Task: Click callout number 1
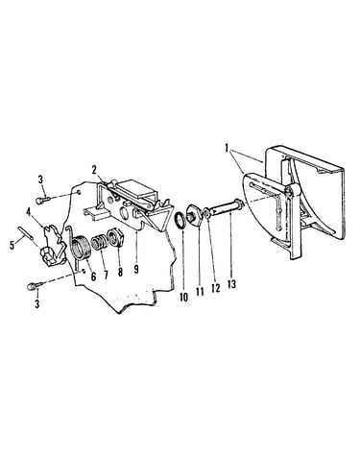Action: [x=227, y=149]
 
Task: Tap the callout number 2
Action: [x=94, y=170]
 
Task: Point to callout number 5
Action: [x=12, y=246]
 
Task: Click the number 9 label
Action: [x=136, y=269]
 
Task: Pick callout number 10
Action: [x=183, y=298]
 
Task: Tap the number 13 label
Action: [x=231, y=284]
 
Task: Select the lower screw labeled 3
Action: [x=33, y=285]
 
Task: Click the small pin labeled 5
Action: [x=25, y=232]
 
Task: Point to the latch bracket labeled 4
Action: [x=52, y=246]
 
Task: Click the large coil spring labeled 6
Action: [x=82, y=247]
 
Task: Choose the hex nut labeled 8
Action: [x=114, y=238]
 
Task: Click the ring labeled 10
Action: [x=180, y=221]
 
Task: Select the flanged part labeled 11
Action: [x=193, y=214]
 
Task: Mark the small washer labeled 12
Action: [x=206, y=212]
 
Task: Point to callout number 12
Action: [x=216, y=288]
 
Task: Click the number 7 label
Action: [x=106, y=276]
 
